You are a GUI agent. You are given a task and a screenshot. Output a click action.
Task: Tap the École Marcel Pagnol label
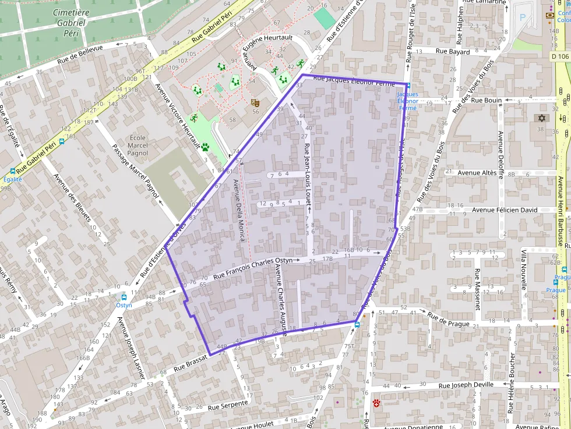coord(138,146)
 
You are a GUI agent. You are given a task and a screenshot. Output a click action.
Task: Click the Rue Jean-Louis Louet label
coord(308,173)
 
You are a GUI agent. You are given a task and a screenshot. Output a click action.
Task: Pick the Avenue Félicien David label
coord(505,210)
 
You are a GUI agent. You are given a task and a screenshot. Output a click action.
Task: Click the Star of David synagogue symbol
coord(541,118)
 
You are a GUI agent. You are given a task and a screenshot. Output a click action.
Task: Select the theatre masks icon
coord(254,102)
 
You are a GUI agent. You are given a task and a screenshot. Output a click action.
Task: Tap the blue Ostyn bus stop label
coord(124,304)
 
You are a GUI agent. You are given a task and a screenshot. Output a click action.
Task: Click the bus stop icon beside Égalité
coord(13,172)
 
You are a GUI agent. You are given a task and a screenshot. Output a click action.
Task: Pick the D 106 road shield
coord(559,56)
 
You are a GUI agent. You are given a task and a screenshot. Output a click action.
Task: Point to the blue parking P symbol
coord(522,18)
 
